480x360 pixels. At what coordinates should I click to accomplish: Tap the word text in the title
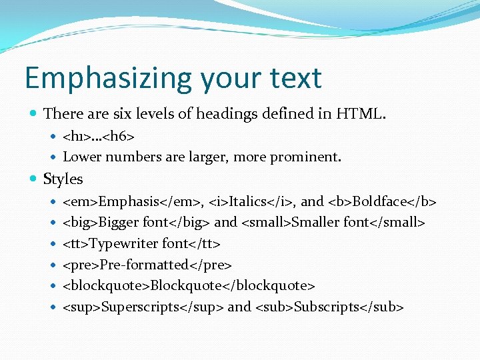point(293,79)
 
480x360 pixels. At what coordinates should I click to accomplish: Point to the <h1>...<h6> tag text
point(99,137)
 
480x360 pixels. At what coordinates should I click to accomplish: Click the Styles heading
point(63,179)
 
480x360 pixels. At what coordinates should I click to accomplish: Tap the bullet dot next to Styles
point(34,179)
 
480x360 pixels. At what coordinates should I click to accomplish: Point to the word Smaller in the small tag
point(317,222)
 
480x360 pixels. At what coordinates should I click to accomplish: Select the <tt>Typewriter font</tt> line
point(141,243)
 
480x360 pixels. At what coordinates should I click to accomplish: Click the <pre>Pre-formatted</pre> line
point(147,265)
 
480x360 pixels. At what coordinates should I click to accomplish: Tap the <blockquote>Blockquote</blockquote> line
point(189,285)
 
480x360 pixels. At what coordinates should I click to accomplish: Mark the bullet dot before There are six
point(34,115)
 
